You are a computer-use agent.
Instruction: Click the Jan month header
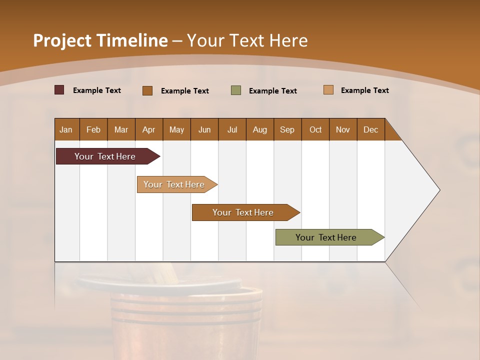(66, 130)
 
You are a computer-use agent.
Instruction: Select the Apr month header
(149, 130)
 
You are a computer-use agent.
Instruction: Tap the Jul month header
(232, 130)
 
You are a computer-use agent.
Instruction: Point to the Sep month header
(287, 130)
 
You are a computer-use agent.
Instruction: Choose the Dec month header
(370, 130)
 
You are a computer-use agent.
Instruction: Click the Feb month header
(93, 130)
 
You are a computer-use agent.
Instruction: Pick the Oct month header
(315, 130)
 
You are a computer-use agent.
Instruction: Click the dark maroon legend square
(59, 90)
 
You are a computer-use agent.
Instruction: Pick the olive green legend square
(236, 90)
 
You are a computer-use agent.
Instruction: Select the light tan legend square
(328, 90)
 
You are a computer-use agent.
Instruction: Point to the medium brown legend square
(147, 90)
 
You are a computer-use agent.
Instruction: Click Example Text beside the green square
(272, 91)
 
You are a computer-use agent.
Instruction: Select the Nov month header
(343, 130)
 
